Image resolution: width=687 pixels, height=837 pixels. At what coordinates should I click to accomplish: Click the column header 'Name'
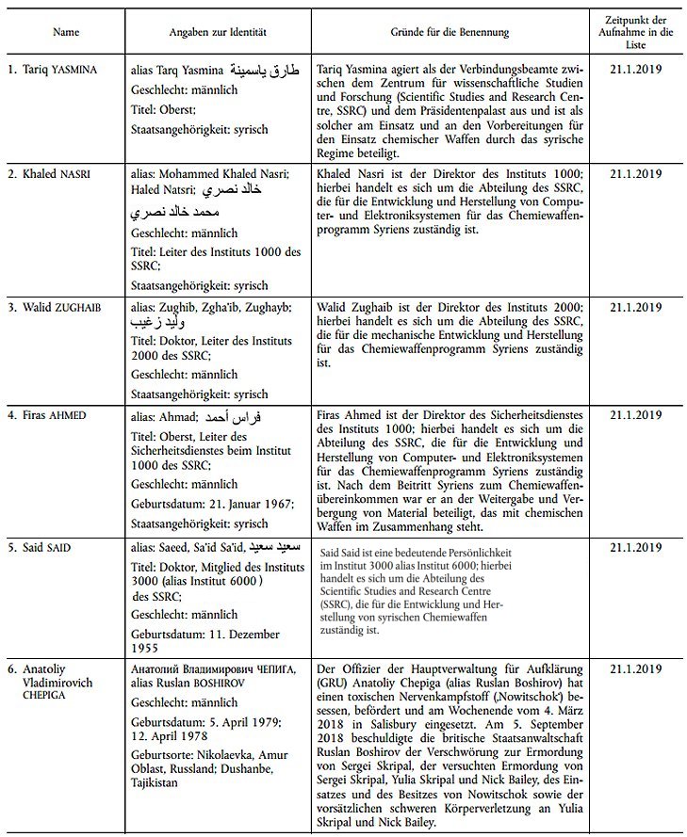pyautogui.click(x=66, y=32)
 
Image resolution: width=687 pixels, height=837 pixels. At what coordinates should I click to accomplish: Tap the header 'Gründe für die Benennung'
pyautogui.click(x=450, y=32)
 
